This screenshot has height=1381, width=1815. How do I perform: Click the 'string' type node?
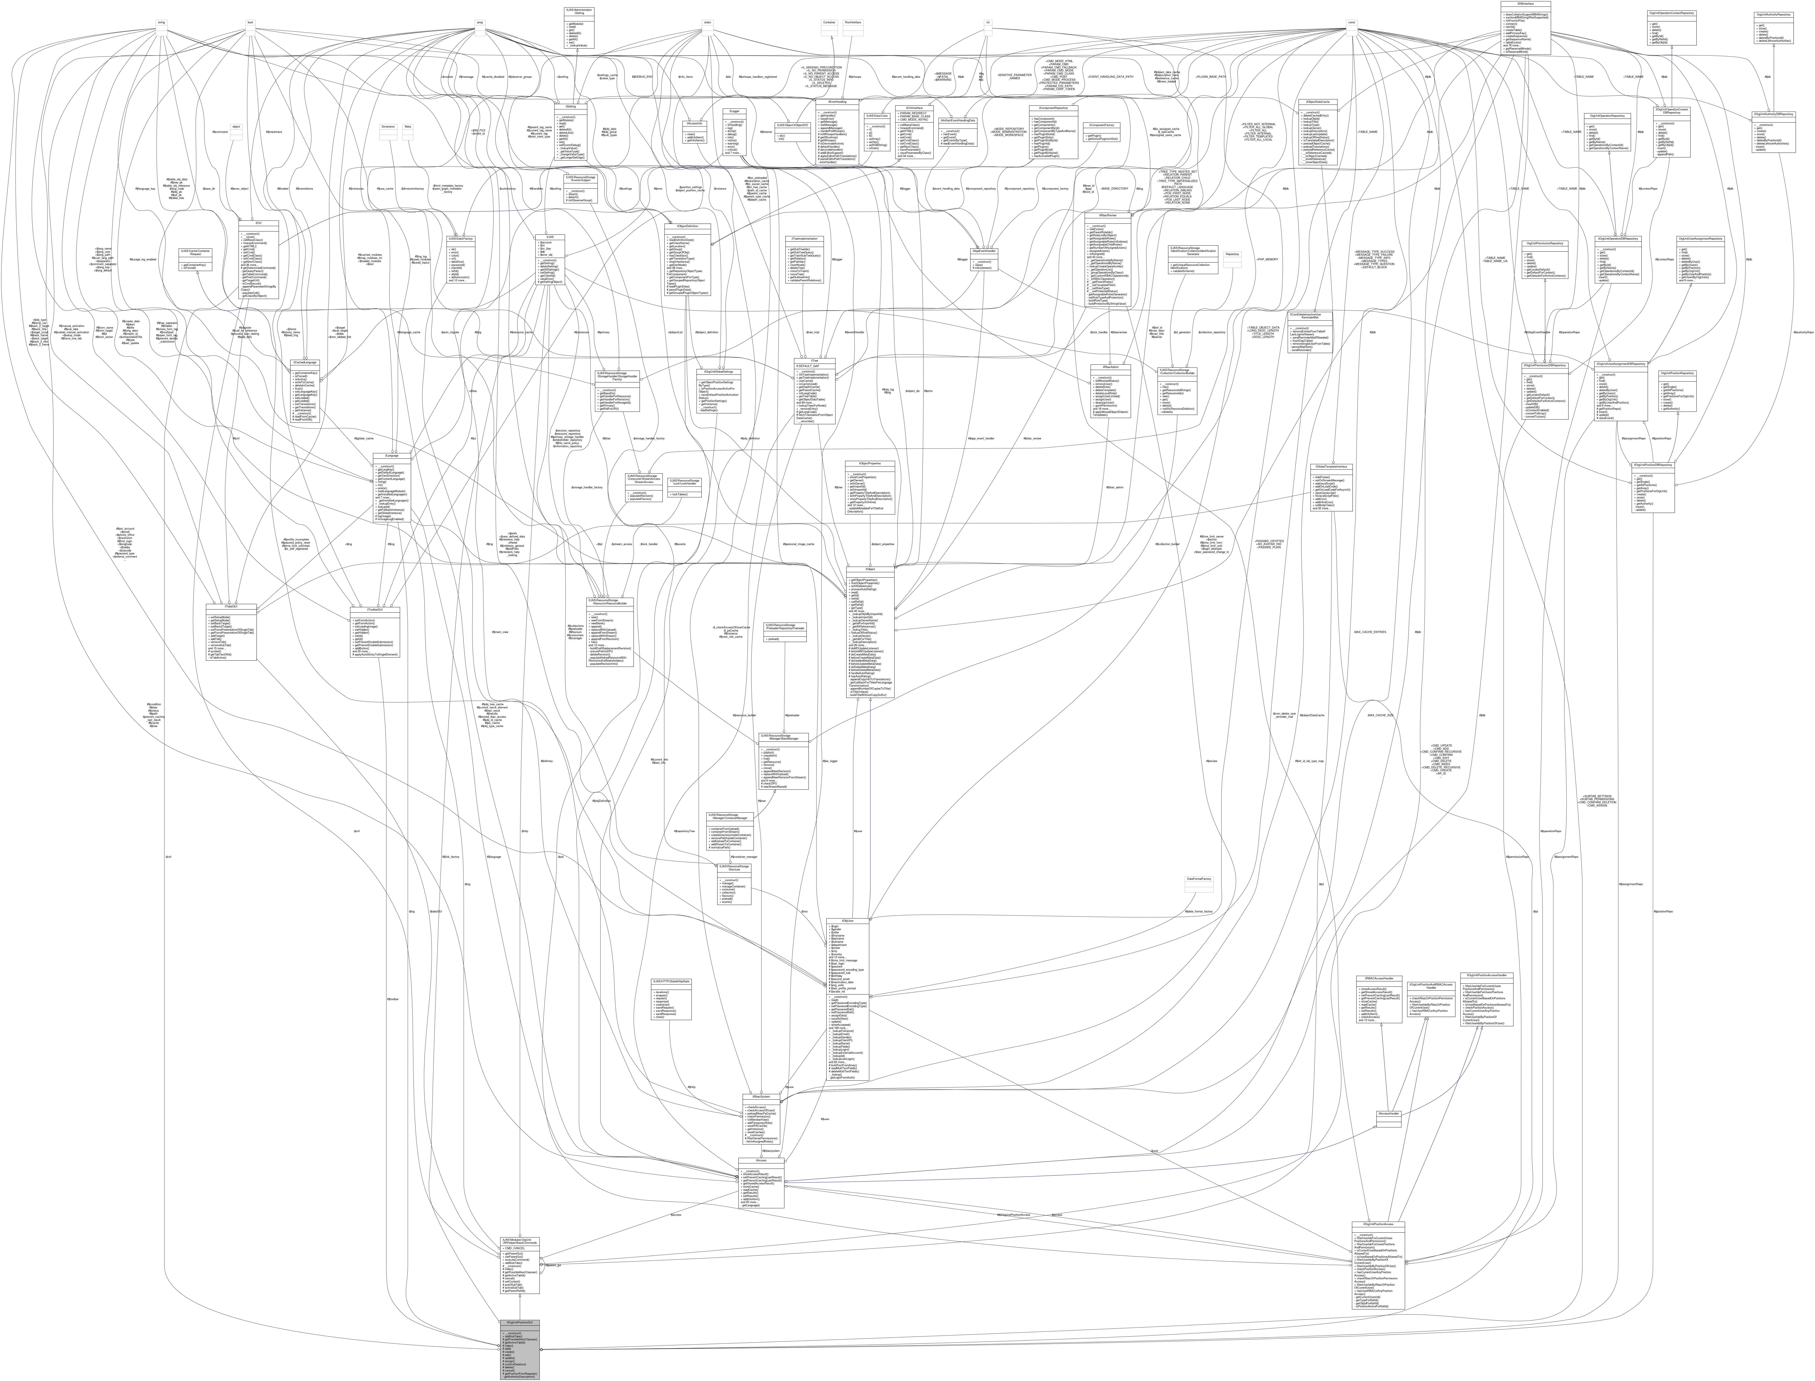click(162, 22)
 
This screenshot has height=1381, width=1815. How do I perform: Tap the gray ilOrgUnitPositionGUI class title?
click(520, 1323)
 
